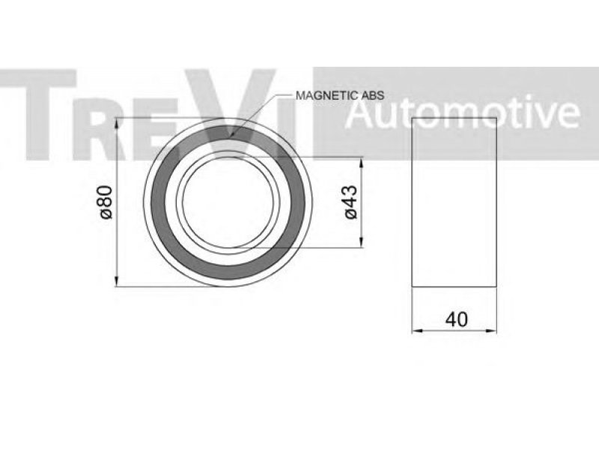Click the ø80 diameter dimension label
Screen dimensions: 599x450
coord(106,202)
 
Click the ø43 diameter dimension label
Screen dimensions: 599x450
coord(350,202)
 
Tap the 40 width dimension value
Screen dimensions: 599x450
coord(457,319)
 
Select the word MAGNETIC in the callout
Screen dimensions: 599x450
coord(323,95)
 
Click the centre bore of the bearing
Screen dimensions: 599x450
coord(228,202)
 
